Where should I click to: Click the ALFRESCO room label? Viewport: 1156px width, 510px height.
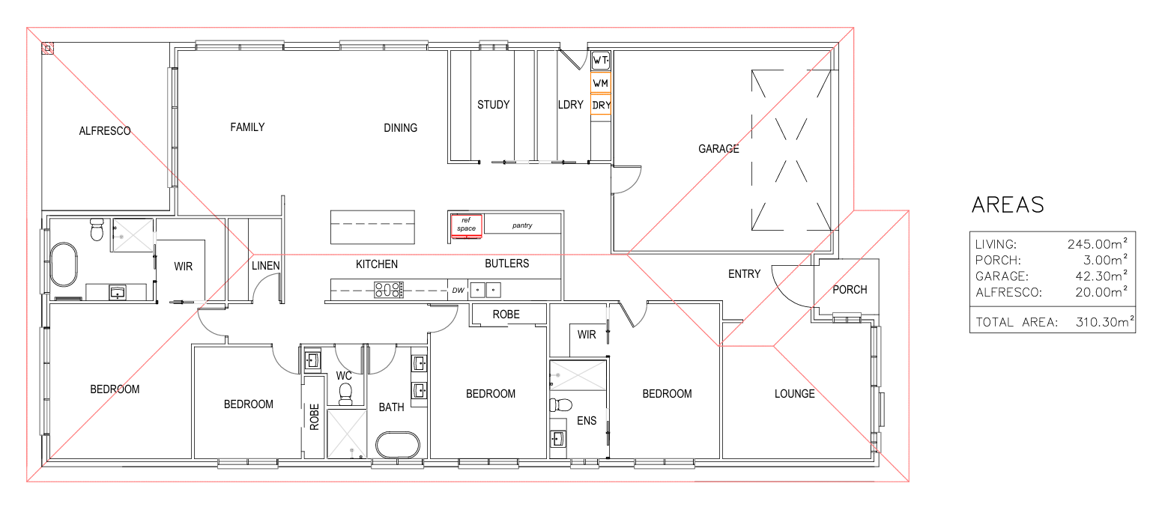coord(105,131)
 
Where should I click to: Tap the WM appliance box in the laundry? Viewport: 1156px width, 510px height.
coord(601,83)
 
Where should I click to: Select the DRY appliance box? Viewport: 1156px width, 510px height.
coord(601,105)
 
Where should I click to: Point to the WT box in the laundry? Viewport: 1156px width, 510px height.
coord(601,61)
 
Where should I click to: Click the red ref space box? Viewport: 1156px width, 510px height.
coord(467,225)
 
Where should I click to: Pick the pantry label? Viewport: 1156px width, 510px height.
coord(522,225)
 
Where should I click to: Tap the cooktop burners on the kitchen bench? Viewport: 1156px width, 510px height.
coord(389,289)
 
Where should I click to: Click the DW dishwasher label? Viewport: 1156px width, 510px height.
coord(459,291)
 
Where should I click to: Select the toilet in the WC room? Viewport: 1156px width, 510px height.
coord(345,394)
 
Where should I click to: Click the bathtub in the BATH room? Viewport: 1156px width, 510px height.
coord(398,445)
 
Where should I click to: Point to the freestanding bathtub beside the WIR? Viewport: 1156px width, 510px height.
coord(64,264)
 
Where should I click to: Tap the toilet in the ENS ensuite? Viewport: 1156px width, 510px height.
coord(560,405)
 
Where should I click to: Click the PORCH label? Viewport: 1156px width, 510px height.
coord(850,290)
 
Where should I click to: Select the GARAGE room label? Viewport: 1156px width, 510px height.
coord(718,149)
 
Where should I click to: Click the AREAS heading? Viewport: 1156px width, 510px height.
coord(1008,204)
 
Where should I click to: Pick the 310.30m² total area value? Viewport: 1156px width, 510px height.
coord(1105,322)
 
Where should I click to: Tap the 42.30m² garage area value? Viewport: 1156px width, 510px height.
coord(1101,276)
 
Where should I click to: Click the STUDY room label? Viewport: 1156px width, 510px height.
coord(494,105)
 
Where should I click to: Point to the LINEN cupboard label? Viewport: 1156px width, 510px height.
coord(266,266)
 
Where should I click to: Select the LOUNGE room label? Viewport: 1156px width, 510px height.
coord(795,394)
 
